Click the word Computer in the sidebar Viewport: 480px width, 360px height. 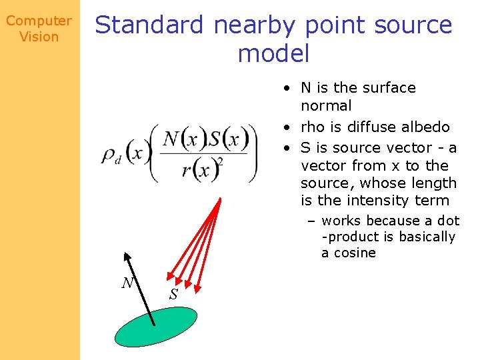click(x=39, y=21)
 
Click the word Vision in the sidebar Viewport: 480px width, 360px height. click(x=39, y=37)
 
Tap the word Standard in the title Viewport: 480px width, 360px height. click(x=150, y=25)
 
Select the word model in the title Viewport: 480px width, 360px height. click(x=273, y=53)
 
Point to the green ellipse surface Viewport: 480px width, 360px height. click(x=156, y=327)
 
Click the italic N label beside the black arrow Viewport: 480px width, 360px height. click(x=127, y=283)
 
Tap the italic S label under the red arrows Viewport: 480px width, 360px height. click(x=173, y=294)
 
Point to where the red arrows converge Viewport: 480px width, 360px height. click(x=219, y=200)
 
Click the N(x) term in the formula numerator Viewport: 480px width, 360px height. click(x=181, y=139)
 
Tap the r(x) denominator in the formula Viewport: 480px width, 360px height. click(x=201, y=169)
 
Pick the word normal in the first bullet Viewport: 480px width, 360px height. click(x=326, y=105)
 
